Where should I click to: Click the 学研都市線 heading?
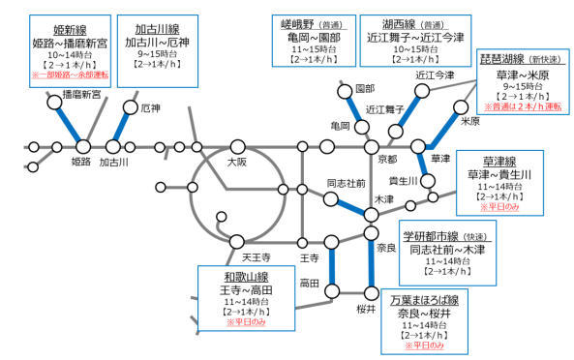click(434, 235)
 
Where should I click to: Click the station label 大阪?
click(236, 163)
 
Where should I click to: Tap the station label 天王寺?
click(240, 257)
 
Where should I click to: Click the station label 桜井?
click(364, 309)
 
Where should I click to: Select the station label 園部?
click(365, 88)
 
